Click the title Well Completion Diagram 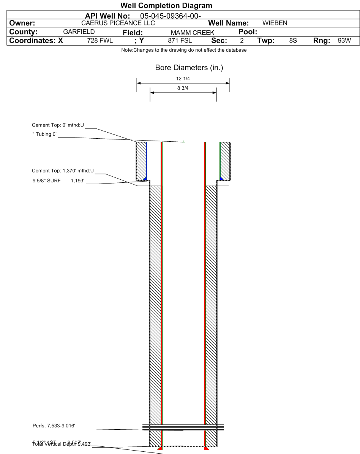click(x=166, y=6)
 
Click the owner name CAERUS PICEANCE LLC click(x=118, y=23)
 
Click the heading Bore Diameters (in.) click(x=183, y=68)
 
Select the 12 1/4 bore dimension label click(x=183, y=79)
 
